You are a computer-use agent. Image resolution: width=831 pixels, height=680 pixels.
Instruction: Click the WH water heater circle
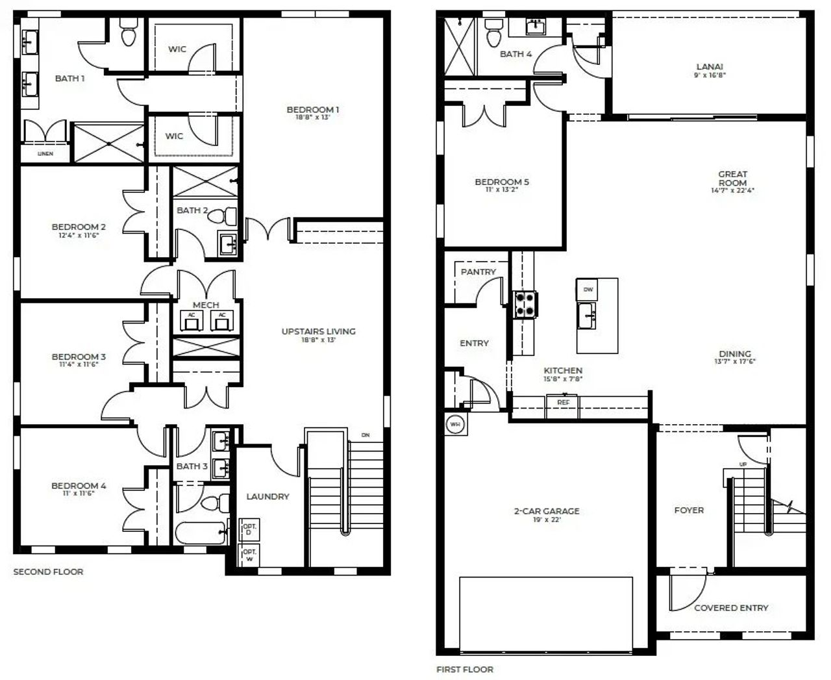point(455,425)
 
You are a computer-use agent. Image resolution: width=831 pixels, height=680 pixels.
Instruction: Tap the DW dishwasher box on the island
point(588,289)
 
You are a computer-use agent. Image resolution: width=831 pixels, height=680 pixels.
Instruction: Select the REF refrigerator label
point(563,403)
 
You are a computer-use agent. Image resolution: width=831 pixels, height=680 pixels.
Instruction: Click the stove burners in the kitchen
point(525,304)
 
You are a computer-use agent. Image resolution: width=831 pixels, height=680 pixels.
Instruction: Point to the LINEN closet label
point(45,154)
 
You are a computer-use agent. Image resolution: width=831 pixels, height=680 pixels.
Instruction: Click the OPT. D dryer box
point(250,529)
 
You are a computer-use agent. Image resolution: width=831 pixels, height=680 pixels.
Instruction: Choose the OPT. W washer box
point(250,555)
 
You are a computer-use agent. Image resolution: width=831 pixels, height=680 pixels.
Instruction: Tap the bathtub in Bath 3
point(201,533)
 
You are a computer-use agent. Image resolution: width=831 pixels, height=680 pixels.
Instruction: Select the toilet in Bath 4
point(493,31)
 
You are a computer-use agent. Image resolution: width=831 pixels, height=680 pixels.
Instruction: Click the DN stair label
point(366,435)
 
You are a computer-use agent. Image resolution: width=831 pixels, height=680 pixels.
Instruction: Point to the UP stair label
point(743,464)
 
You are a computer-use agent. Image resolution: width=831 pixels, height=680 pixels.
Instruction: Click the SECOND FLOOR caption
point(49,572)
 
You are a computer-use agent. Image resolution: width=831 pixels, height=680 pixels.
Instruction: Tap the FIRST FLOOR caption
point(465,669)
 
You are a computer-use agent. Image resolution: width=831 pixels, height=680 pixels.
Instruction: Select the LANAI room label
point(710,66)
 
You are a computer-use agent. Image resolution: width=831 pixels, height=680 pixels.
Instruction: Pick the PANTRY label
point(478,272)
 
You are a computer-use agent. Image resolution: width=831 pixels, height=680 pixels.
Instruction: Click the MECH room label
point(206,305)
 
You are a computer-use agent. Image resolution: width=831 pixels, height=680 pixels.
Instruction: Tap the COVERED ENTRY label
point(731,608)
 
